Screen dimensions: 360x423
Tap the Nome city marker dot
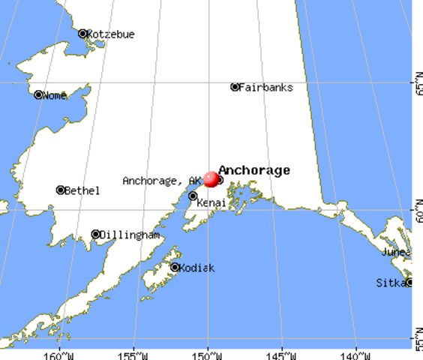pyautogui.click(x=38, y=95)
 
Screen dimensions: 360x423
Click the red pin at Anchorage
pyautogui.click(x=211, y=179)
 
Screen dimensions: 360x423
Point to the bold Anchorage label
pyautogui.click(x=254, y=170)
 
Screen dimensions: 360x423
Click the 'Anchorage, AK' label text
pyautogui.click(x=162, y=181)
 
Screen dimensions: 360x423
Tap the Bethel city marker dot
pyautogui.click(x=61, y=190)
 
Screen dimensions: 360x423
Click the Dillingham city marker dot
pyautogui.click(x=96, y=235)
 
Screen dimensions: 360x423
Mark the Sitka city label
pyautogui.click(x=390, y=283)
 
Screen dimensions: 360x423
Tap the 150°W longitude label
pyautogui.click(x=208, y=354)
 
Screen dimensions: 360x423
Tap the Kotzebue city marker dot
pyautogui.click(x=82, y=34)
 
